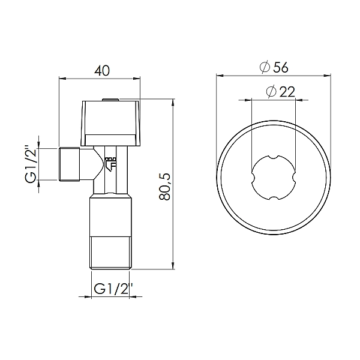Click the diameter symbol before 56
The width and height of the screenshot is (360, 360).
[x=265, y=68]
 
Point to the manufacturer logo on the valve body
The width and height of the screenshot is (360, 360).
[x=109, y=164]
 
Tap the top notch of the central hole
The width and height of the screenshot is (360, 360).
[x=273, y=157]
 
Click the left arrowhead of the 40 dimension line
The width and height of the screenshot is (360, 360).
[x=62, y=78]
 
